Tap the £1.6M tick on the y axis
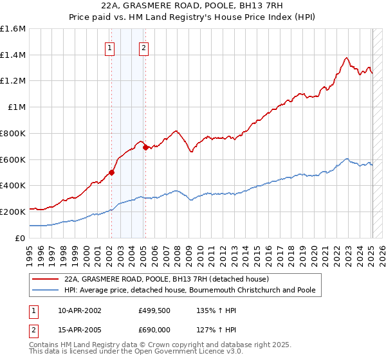click(13, 29)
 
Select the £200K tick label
click(14, 212)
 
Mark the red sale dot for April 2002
click(111, 172)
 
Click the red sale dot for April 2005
click(145, 147)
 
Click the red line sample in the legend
click(46, 279)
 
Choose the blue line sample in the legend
click(46, 290)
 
